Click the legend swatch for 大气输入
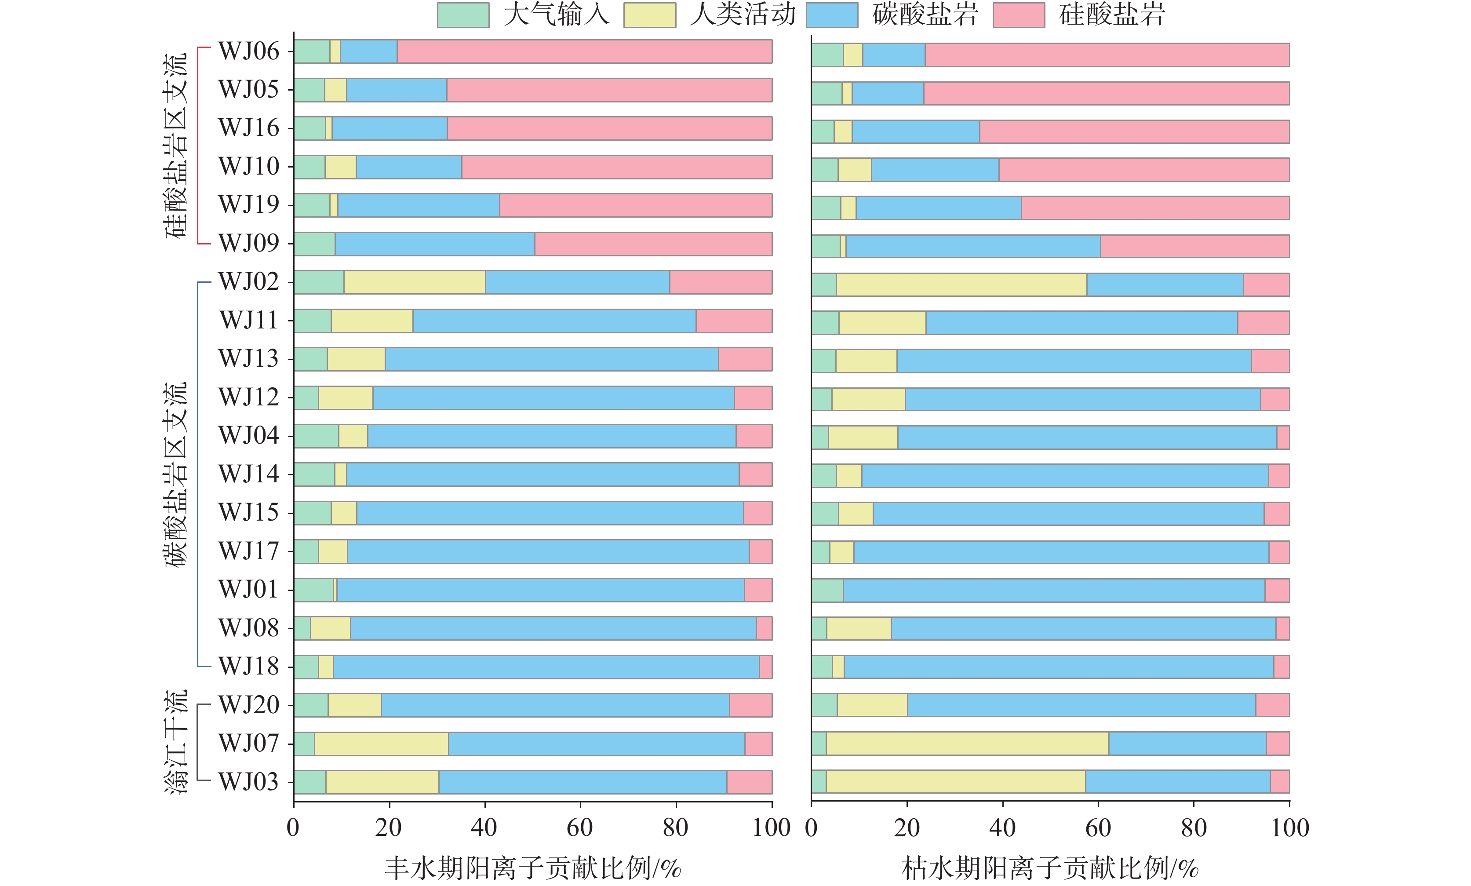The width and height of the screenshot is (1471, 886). (462, 15)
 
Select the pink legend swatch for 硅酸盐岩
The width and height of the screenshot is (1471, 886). (1019, 15)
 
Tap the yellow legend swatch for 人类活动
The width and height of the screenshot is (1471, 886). (649, 15)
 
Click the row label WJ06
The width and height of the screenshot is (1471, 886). (248, 51)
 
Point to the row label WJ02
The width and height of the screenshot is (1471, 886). (248, 282)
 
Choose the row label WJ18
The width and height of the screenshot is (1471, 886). (248, 666)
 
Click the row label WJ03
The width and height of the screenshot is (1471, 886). (248, 781)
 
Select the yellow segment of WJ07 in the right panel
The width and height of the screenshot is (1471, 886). (967, 743)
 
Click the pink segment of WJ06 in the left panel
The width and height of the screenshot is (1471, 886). (584, 51)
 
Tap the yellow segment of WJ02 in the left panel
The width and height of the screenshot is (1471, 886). (415, 282)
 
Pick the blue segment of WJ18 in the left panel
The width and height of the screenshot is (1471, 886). (546, 666)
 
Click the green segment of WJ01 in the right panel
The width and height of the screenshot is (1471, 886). (827, 591)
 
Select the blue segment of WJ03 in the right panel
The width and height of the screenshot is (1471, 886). (1177, 781)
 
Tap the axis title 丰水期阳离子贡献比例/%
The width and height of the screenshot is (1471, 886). (532, 868)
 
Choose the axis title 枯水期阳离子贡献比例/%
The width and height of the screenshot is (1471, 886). (1050, 868)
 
